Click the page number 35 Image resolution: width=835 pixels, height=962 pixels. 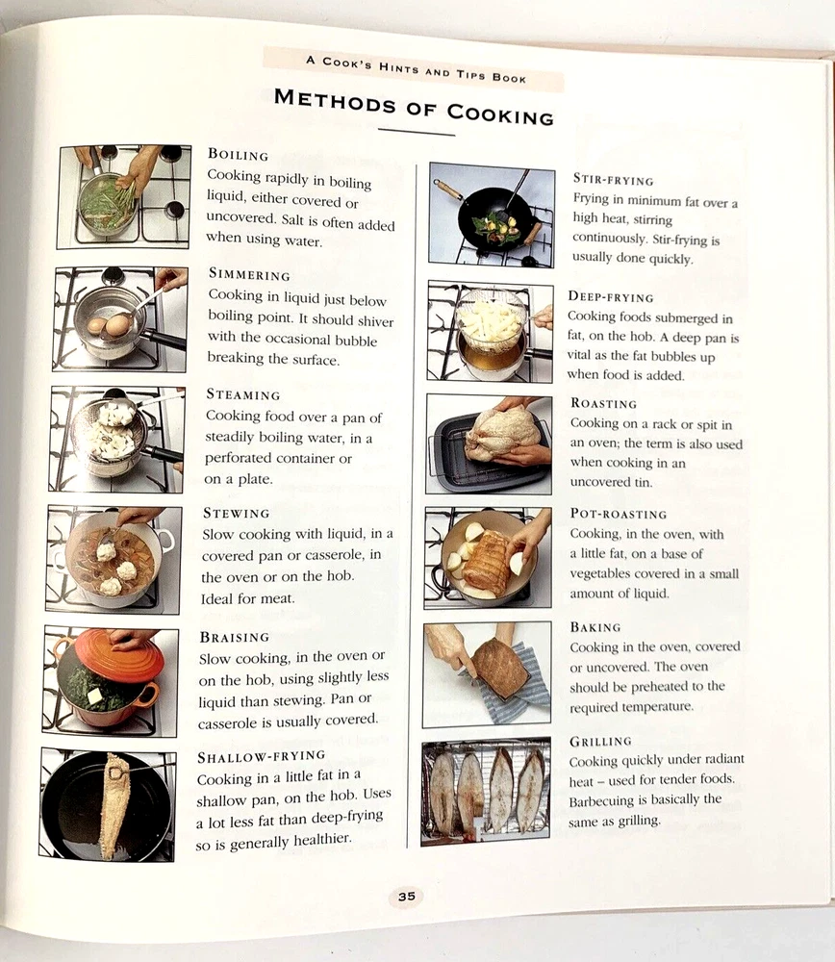pyautogui.click(x=406, y=897)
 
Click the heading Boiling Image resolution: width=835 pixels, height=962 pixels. pyautogui.click(x=238, y=155)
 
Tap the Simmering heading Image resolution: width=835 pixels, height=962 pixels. pyautogui.click(x=249, y=274)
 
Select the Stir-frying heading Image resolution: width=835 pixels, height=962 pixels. pyautogui.click(x=613, y=179)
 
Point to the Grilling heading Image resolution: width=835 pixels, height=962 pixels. pyautogui.click(x=600, y=741)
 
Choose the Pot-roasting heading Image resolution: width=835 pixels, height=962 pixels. pyautogui.click(x=618, y=514)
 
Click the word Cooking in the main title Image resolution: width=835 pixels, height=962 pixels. pyautogui.click(x=500, y=114)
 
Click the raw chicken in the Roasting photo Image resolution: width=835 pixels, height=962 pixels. pyautogui.click(x=502, y=432)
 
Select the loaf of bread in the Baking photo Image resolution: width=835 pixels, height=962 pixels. pyautogui.click(x=500, y=668)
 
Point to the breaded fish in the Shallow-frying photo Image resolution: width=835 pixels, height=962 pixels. pyautogui.click(x=115, y=804)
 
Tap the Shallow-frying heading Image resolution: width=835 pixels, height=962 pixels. pyautogui.click(x=261, y=756)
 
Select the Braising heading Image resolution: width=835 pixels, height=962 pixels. pyautogui.click(x=235, y=638)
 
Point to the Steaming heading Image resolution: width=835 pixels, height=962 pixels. pyautogui.click(x=243, y=393)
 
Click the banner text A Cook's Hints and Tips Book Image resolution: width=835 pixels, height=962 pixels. pyautogui.click(x=416, y=69)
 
